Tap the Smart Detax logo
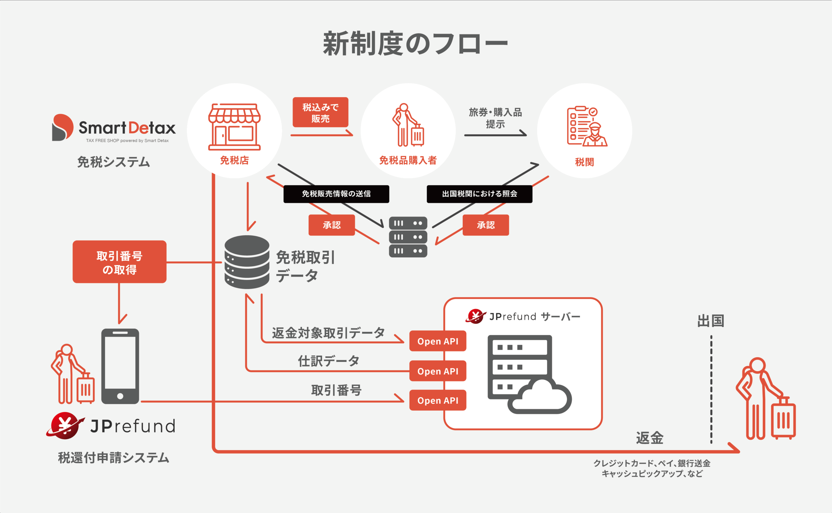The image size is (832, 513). [114, 128]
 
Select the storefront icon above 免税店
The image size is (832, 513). [234, 127]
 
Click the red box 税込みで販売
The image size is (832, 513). [320, 112]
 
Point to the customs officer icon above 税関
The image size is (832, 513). [586, 126]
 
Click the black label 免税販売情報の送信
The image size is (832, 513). [336, 194]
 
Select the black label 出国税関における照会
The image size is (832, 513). [479, 194]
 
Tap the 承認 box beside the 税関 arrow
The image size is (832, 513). [485, 225]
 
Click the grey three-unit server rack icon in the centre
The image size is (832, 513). [408, 237]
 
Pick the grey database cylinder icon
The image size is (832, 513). [247, 262]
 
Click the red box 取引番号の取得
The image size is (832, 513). [119, 262]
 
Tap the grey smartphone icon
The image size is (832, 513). [120, 366]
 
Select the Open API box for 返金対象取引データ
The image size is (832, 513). [437, 341]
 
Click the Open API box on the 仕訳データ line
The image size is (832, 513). [437, 371]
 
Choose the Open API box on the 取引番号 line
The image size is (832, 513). [437, 401]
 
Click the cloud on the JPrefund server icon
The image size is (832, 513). [541, 397]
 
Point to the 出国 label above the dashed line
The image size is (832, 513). [710, 321]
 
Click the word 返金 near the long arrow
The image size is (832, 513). [650, 438]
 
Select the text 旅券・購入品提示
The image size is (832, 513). [495, 118]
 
